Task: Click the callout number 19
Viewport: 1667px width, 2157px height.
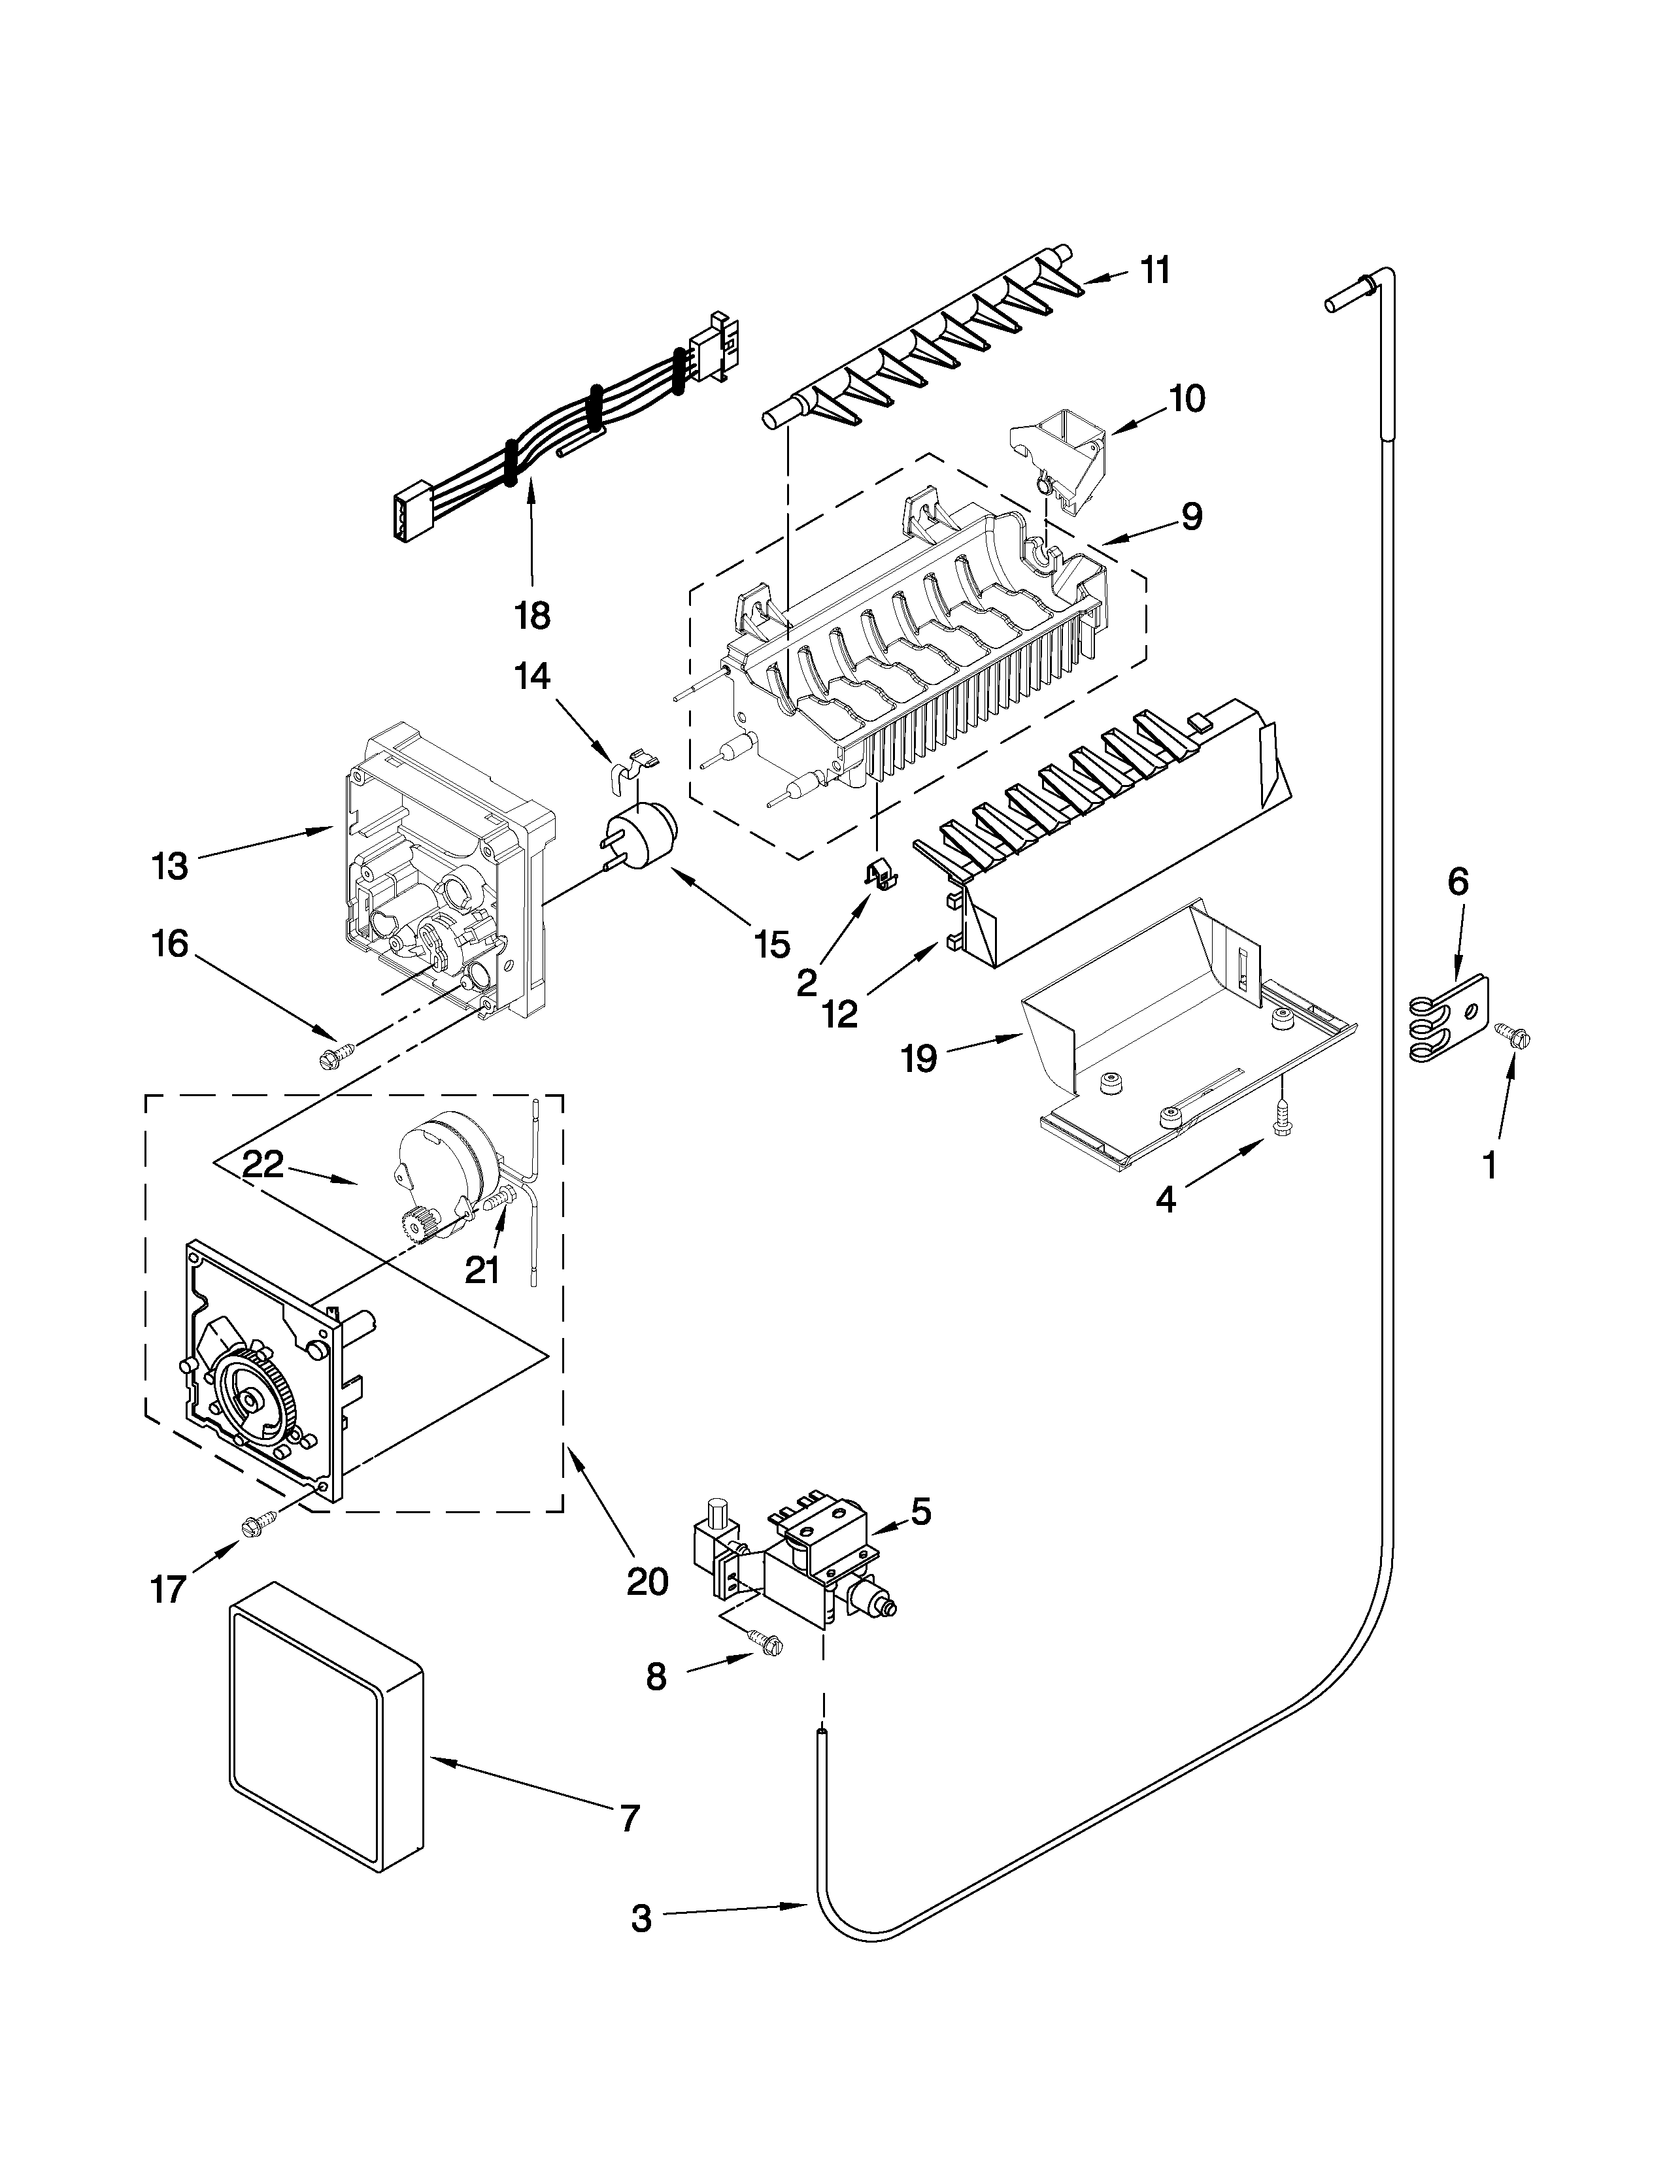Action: click(918, 1060)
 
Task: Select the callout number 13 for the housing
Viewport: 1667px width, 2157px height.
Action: click(170, 866)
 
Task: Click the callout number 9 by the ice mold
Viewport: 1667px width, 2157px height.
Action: click(1192, 516)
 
